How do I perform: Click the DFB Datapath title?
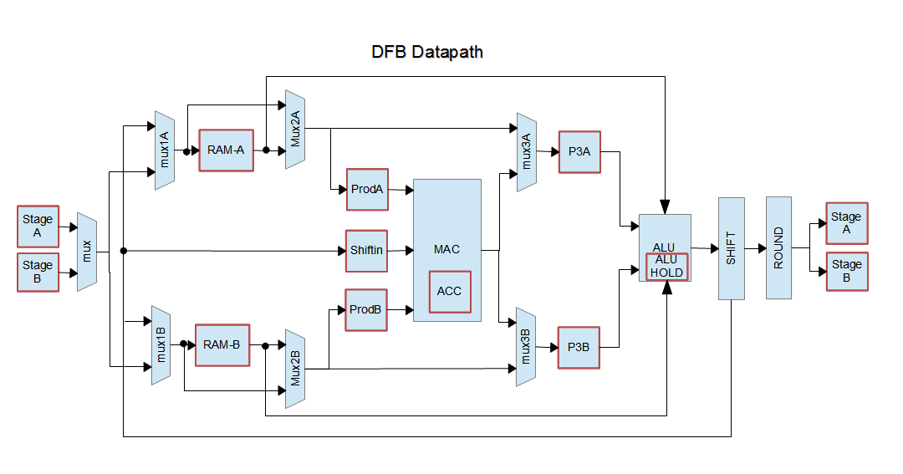[426, 52]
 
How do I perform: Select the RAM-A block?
[226, 150]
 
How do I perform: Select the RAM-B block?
[222, 344]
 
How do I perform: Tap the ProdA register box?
[366, 190]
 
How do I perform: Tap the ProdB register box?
[366, 310]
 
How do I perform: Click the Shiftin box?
[366, 251]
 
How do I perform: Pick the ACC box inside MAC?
[450, 292]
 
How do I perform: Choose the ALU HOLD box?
[666, 267]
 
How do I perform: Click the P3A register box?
[579, 152]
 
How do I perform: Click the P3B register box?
[579, 347]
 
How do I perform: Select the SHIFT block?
[731, 248]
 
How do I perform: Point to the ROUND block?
[778, 248]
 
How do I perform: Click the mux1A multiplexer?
[164, 150]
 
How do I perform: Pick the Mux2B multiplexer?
[295, 369]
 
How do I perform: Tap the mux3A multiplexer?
[526, 152]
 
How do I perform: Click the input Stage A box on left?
[38, 227]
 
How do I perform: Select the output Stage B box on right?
[846, 271]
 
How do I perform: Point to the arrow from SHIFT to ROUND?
[755, 248]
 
